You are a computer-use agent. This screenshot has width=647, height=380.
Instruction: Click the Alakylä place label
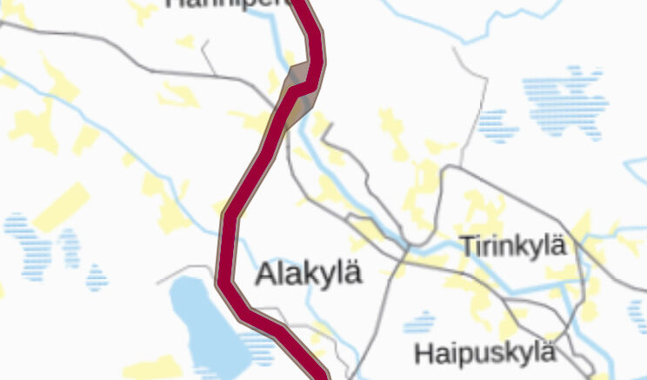pos(308,273)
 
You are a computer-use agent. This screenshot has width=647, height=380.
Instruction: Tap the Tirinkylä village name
pos(513,246)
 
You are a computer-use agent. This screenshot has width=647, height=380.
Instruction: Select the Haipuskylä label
pos(484,354)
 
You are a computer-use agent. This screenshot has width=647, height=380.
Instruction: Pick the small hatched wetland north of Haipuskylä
pos(420,323)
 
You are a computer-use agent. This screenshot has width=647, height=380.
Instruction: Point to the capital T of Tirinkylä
pos(468,245)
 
